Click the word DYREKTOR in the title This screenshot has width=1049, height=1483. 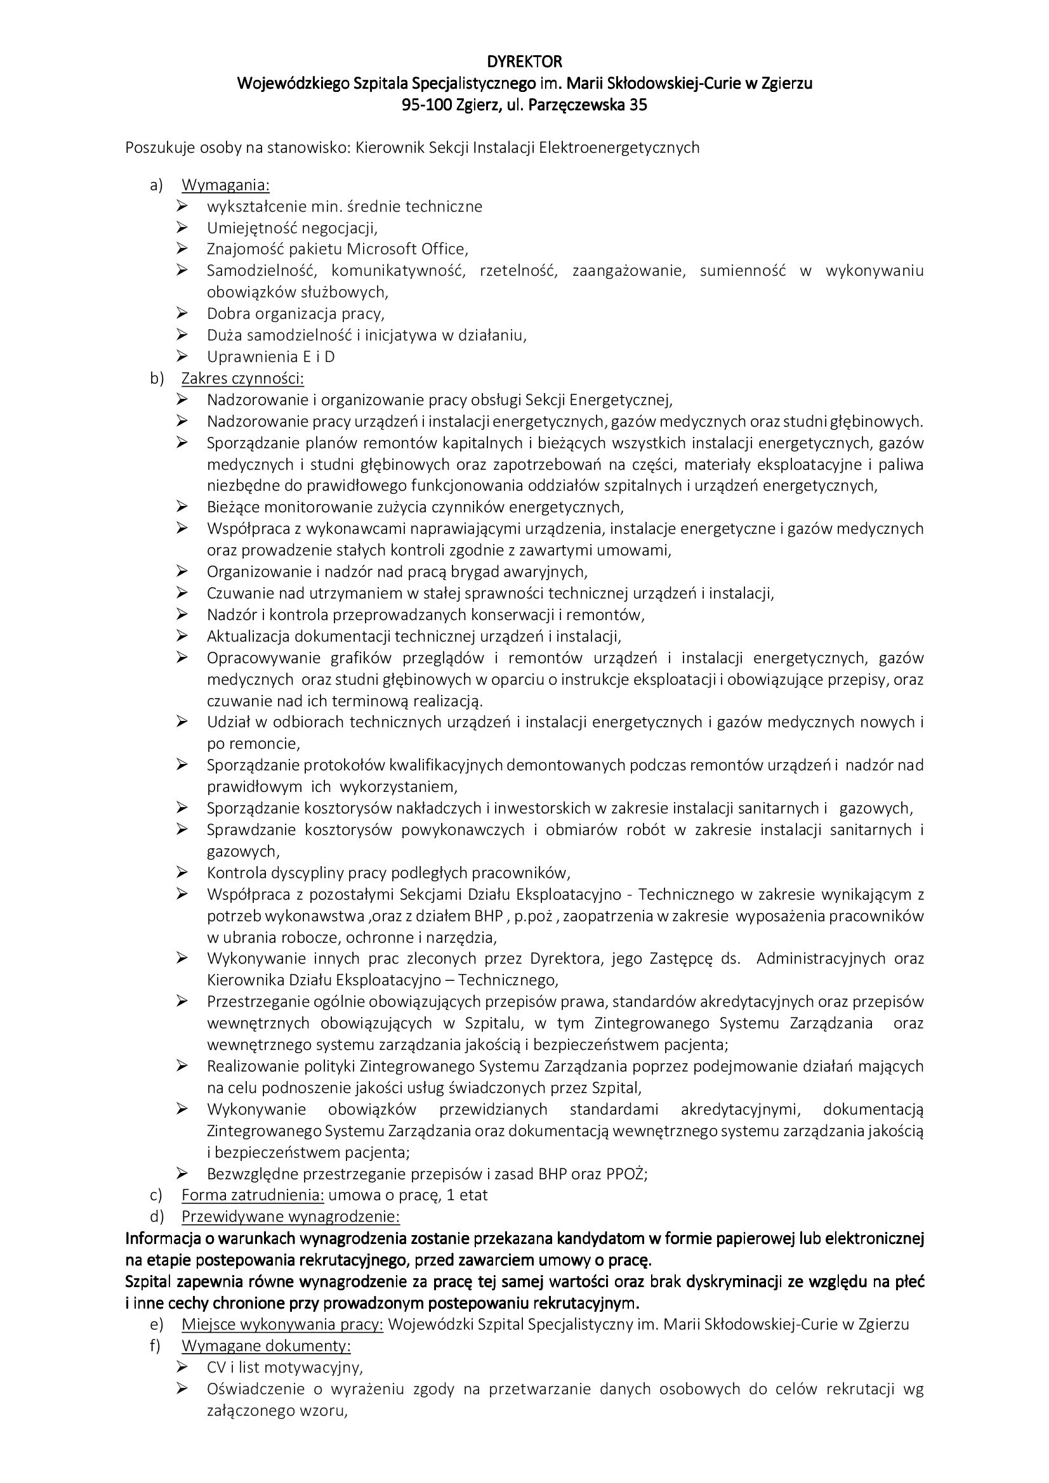tap(524, 62)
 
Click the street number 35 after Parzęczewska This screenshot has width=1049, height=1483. tap(637, 105)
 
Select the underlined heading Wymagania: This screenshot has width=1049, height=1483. tap(225, 185)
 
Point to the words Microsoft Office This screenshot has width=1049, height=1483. tap(407, 249)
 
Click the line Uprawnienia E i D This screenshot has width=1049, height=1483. tap(271, 356)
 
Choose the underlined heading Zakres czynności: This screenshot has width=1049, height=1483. tap(242, 379)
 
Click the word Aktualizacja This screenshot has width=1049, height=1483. tap(249, 636)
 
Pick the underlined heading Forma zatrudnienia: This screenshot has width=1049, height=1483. tap(253, 1195)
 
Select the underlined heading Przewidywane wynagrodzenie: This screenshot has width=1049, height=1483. tap(291, 1217)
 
